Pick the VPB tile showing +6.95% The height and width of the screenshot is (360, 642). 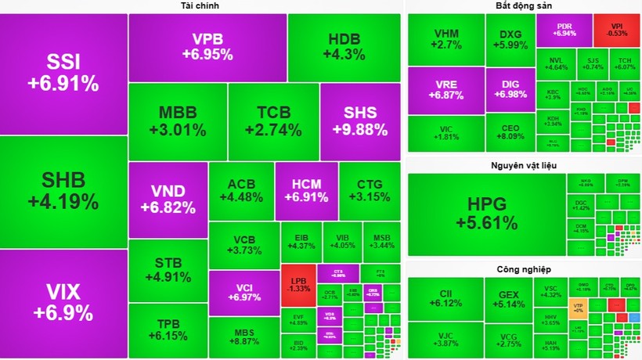point(207,47)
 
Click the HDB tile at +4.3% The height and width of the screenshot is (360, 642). point(344,47)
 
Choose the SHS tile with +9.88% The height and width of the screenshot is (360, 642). point(360,121)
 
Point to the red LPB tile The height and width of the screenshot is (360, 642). point(298,285)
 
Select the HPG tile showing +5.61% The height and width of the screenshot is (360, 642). point(485,213)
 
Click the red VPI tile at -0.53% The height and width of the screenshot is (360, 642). point(621,30)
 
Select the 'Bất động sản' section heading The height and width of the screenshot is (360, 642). point(523,6)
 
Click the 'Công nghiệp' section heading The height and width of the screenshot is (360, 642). point(523,270)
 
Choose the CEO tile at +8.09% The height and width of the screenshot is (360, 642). point(509,133)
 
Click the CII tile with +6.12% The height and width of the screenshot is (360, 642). point(445,298)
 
